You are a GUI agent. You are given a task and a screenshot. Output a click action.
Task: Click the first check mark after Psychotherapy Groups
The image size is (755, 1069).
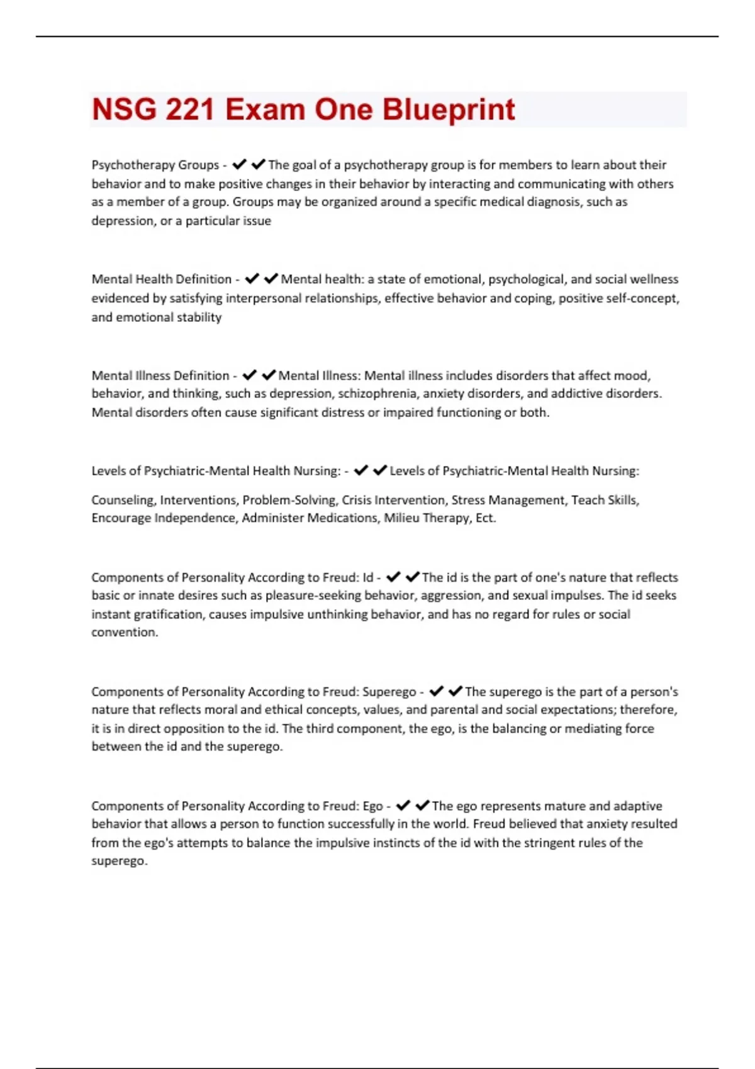click(x=239, y=165)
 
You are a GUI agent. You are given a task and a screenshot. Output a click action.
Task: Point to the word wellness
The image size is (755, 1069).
click(x=654, y=279)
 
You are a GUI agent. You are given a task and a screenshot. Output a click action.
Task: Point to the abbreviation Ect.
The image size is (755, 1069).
click(x=486, y=518)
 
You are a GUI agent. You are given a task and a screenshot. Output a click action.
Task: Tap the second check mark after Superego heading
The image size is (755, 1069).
click(x=456, y=692)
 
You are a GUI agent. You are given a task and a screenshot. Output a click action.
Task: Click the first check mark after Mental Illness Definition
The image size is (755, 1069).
click(x=249, y=375)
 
